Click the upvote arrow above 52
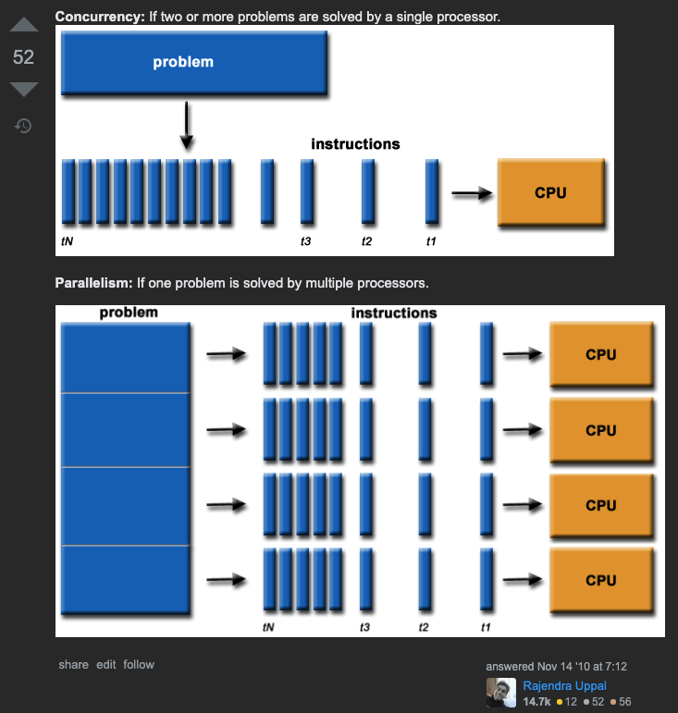coord(24,25)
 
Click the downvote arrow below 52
coord(24,89)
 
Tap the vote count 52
coord(23,57)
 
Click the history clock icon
coord(23,126)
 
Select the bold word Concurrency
coord(100,17)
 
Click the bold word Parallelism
coord(93,283)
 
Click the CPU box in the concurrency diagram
coord(551,192)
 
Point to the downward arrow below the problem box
coord(187,126)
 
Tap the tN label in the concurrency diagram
coord(67,241)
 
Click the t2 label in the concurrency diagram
coord(366,241)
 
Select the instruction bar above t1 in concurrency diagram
coord(432,191)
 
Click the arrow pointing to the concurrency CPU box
coord(472,193)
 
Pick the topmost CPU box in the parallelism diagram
coord(601,354)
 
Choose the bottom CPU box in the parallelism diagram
coord(601,580)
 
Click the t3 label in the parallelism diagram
coord(364,627)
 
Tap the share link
coord(74,664)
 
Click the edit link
coord(106,664)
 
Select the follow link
coord(139,664)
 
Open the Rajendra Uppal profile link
coord(565,685)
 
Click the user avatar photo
coord(501,693)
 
